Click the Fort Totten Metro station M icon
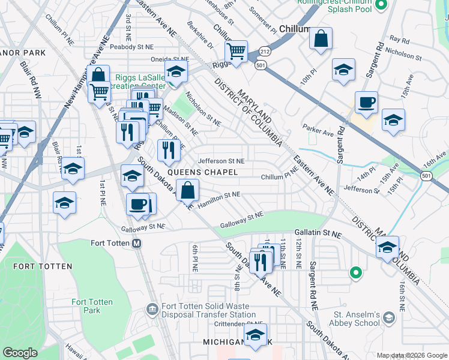click(x=136, y=243)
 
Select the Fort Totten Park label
click(x=92, y=306)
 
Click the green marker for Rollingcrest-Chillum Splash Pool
click(x=381, y=7)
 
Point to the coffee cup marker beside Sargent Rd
click(x=366, y=102)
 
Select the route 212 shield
click(x=265, y=52)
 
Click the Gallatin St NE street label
click(x=318, y=232)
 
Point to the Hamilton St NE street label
click(x=218, y=198)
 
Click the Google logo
click(x=20, y=353)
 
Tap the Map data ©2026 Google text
click(x=412, y=355)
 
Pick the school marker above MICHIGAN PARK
click(x=255, y=335)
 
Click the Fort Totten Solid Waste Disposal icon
click(x=152, y=310)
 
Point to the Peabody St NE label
click(x=131, y=46)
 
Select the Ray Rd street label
click(x=399, y=40)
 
